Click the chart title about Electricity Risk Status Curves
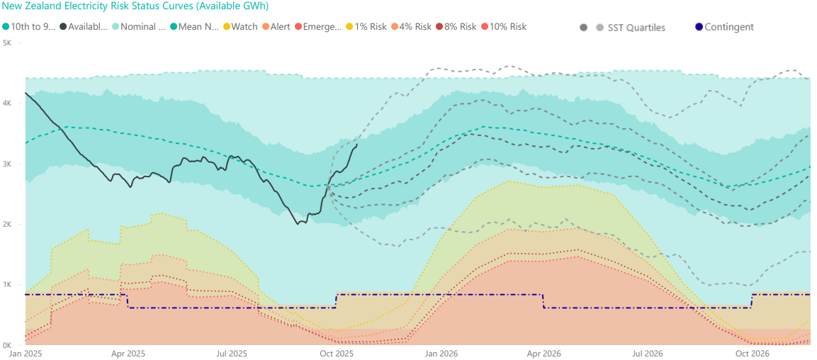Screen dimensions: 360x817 (x=135, y=6)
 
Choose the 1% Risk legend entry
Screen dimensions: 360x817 (x=367, y=27)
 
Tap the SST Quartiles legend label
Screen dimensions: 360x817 (x=636, y=28)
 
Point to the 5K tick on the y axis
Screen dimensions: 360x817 (x=6, y=43)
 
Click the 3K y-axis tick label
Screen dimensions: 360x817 (x=6, y=164)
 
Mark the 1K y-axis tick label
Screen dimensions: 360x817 (x=6, y=285)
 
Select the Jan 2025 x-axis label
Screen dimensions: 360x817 (x=25, y=353)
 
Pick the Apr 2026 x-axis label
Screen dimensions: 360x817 (x=543, y=353)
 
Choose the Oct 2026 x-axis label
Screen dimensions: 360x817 (x=752, y=353)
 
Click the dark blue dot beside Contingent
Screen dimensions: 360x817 (x=699, y=28)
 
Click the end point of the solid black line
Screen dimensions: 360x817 (x=356, y=145)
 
